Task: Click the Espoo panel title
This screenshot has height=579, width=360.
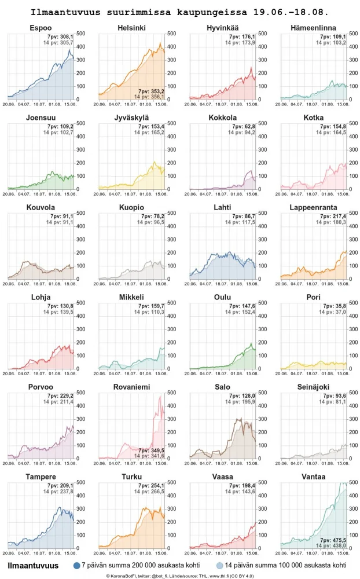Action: tap(41, 28)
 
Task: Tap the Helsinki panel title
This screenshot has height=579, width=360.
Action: tap(131, 28)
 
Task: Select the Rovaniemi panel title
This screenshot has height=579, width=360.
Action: tap(131, 387)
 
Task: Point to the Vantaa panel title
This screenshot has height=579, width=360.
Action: tap(313, 477)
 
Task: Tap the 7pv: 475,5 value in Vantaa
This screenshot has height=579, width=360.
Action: tap(332, 540)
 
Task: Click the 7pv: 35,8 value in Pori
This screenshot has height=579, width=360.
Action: tap(333, 306)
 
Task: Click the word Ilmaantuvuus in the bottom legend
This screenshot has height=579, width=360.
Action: tap(33, 565)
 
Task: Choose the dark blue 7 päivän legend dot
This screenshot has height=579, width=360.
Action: tap(77, 565)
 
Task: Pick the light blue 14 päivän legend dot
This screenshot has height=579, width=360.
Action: tap(219, 565)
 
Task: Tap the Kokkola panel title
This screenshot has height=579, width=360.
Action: tap(222, 118)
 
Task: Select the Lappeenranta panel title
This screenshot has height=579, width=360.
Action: tap(313, 207)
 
